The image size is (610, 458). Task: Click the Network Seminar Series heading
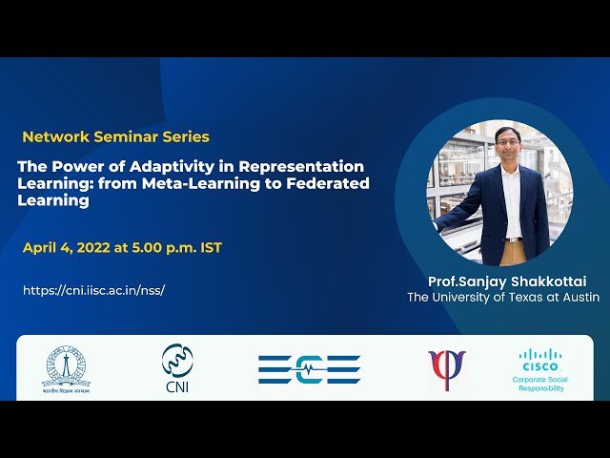click(115, 136)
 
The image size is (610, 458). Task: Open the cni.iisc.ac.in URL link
click(93, 290)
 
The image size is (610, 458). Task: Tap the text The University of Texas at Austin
click(503, 298)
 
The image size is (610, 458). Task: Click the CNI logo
click(175, 368)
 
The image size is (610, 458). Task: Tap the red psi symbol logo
click(446, 368)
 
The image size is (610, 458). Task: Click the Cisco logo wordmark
click(540, 360)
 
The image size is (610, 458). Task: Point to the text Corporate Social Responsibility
click(540, 385)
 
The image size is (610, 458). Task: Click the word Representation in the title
click(304, 166)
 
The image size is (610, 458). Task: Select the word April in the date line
click(41, 248)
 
